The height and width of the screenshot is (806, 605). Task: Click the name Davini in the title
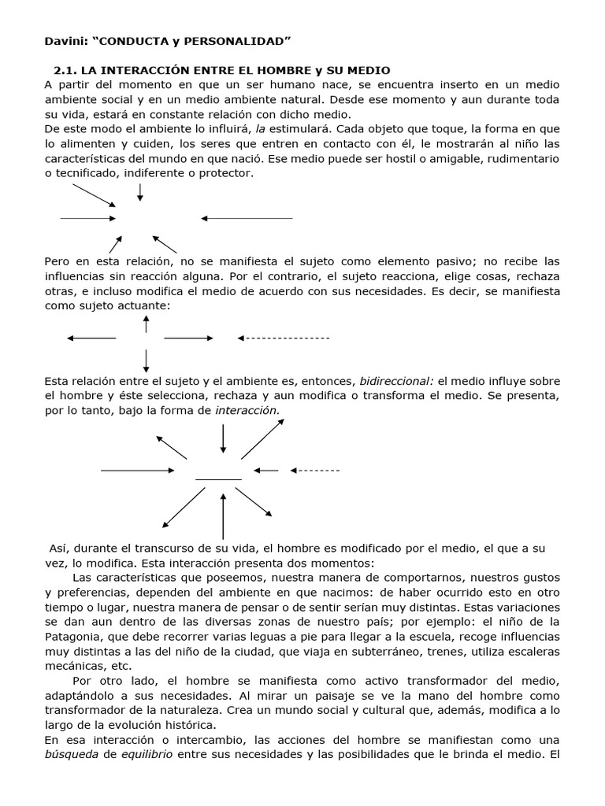tap(65, 40)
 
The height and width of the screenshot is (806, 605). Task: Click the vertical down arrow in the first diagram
tap(140, 192)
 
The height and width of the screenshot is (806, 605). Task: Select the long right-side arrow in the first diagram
tap(247, 218)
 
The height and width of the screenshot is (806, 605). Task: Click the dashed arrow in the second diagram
tap(284, 338)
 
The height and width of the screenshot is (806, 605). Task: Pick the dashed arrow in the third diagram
tap(314, 471)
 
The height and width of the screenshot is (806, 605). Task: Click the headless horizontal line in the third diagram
tap(218, 479)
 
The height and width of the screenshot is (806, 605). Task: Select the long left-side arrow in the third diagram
tap(138, 471)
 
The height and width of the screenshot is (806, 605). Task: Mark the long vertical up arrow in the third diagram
tap(224, 516)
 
